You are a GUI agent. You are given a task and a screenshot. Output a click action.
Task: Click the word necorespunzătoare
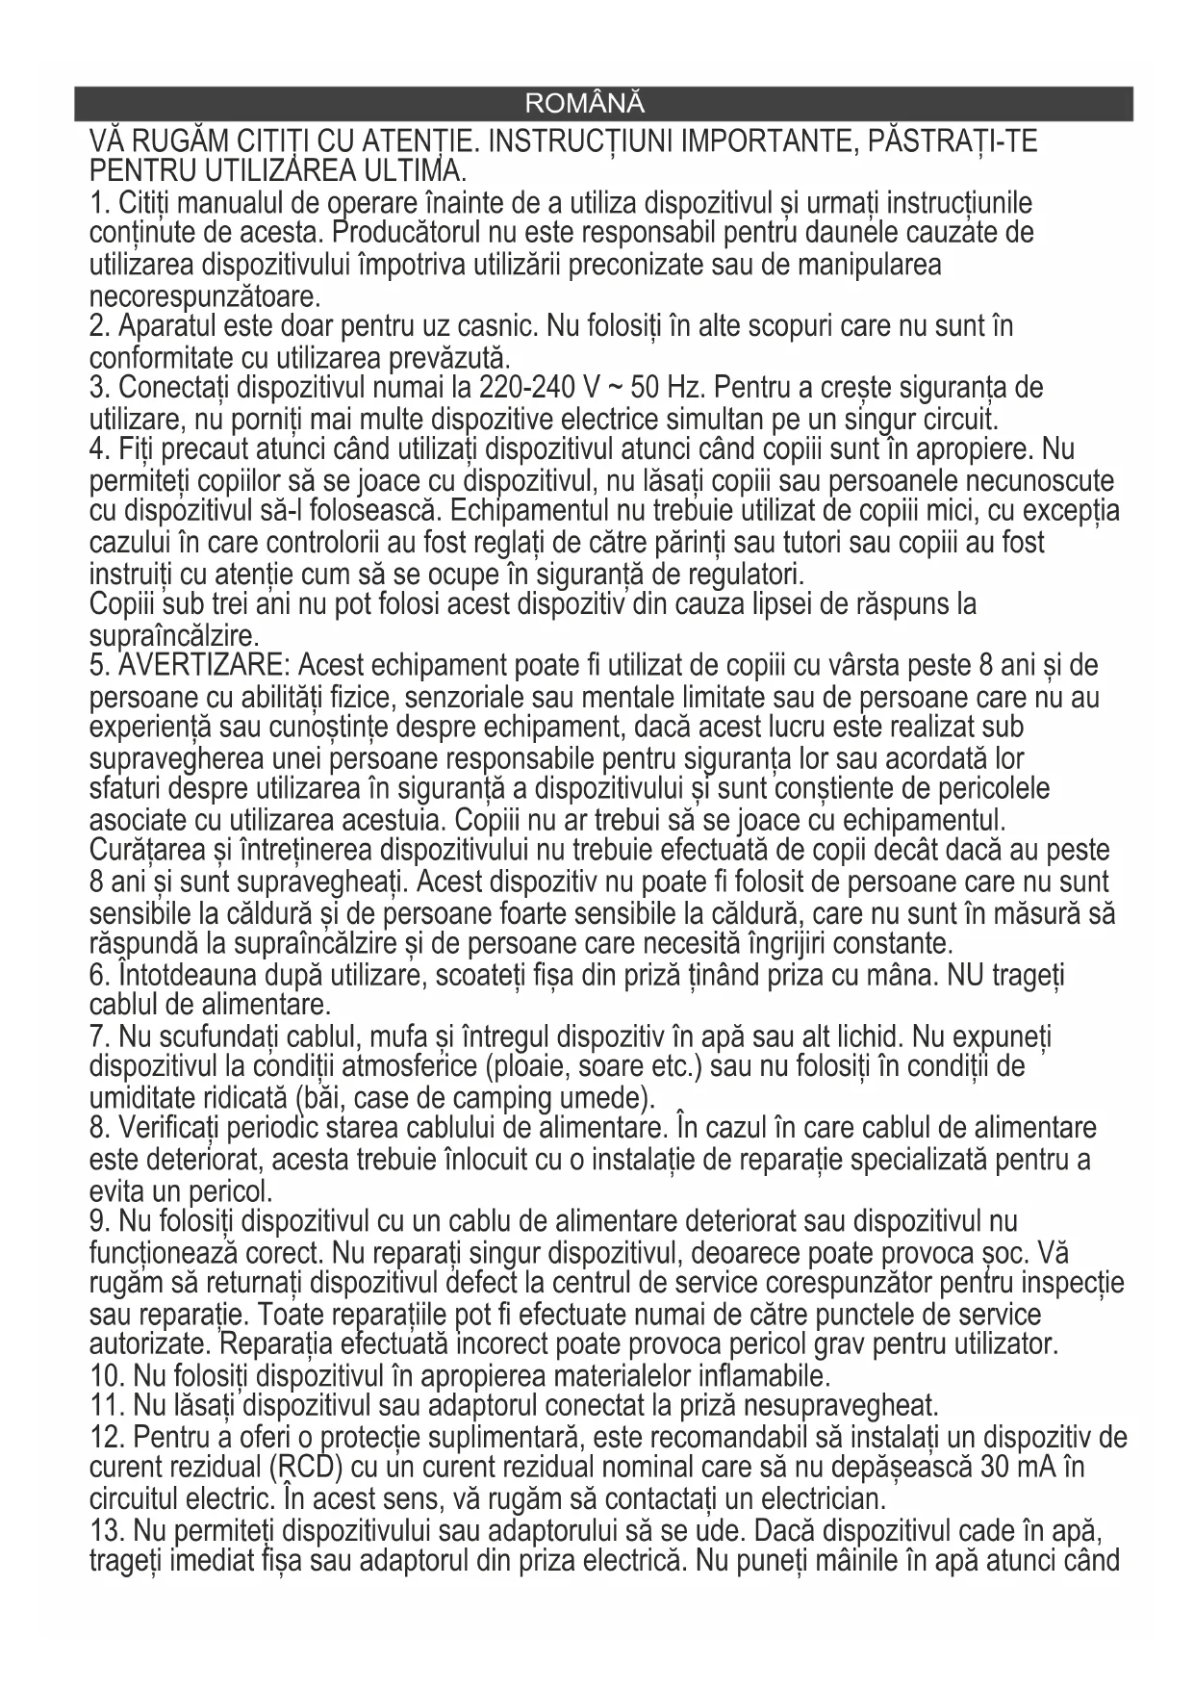click(x=205, y=294)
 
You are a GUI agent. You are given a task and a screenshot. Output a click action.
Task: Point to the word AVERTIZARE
click(x=200, y=666)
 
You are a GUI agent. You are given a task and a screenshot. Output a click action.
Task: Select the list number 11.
click(x=105, y=1405)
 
